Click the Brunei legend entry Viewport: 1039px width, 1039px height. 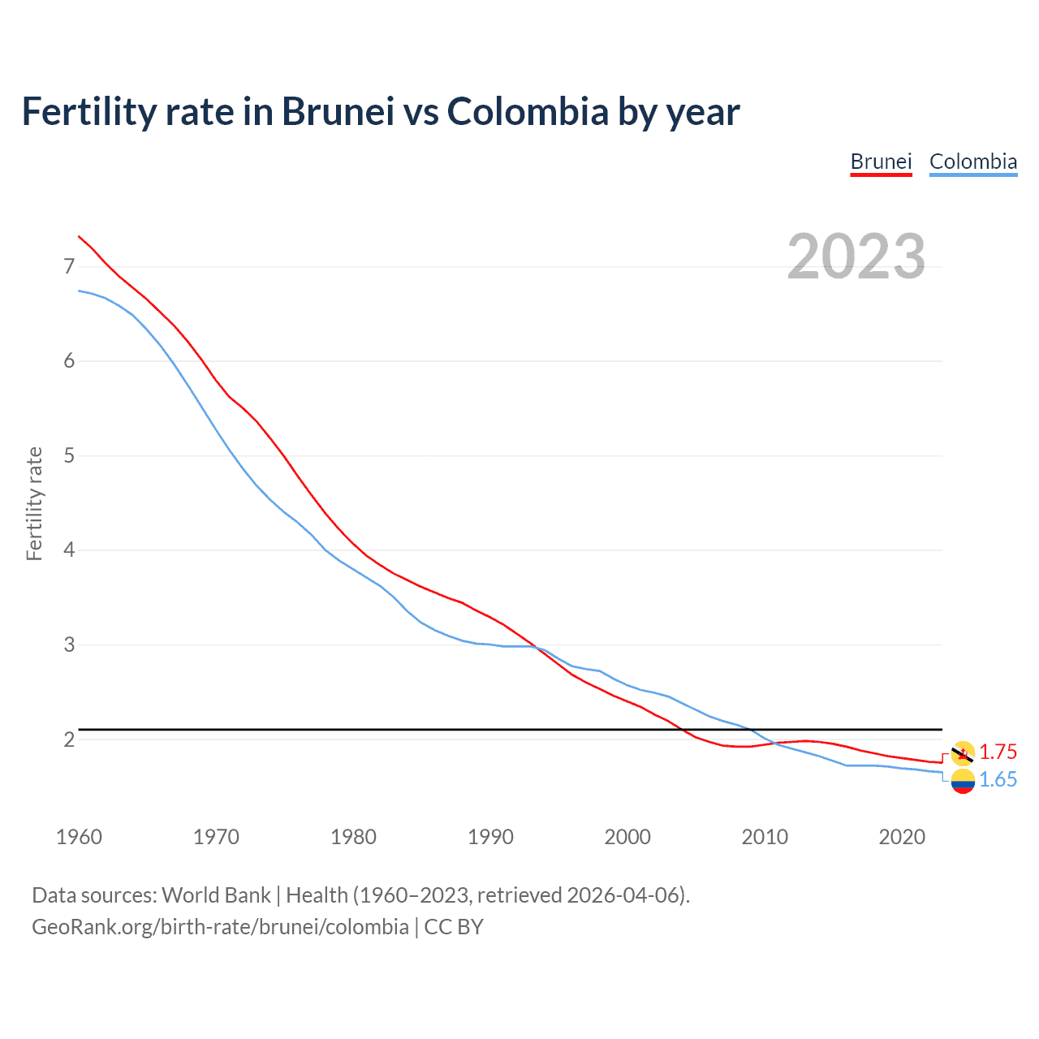click(881, 162)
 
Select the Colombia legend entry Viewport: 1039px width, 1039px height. click(972, 162)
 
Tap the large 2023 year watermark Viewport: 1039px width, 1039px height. click(856, 257)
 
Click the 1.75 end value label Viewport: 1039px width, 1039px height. click(998, 752)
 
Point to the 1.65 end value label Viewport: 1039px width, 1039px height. click(998, 779)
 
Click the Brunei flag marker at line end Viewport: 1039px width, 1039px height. click(963, 753)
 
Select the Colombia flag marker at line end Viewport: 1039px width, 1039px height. click(963, 781)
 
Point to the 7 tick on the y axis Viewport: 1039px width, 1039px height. click(69, 266)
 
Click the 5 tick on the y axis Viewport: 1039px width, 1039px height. click(69, 455)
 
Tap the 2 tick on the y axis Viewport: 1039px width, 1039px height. click(69, 739)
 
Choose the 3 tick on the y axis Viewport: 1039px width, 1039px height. click(69, 645)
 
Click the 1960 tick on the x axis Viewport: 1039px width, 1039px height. click(79, 837)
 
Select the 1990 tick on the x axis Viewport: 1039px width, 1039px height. click(490, 837)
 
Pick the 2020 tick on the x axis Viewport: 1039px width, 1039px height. click(902, 837)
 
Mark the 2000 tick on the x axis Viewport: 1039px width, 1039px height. click(627, 837)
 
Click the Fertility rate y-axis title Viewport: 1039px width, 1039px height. click(34, 503)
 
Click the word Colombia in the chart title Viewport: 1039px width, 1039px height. click(527, 111)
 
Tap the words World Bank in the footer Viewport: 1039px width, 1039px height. click(216, 895)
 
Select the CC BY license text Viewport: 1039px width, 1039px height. click(454, 927)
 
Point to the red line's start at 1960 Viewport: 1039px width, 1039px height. click(79, 236)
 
